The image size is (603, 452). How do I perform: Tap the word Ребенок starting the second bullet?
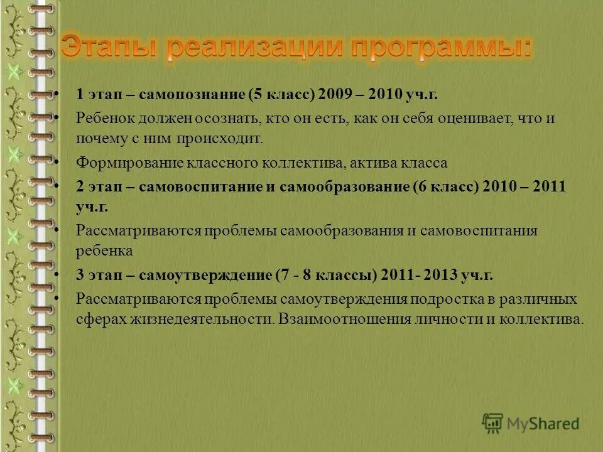(x=103, y=118)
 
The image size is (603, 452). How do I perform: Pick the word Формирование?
(x=129, y=163)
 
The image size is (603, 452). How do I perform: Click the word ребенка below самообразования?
(x=104, y=251)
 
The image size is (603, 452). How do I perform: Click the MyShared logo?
(x=531, y=424)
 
